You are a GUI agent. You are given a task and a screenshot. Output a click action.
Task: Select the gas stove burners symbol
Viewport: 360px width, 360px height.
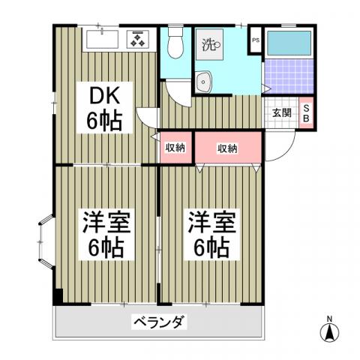point(139,39)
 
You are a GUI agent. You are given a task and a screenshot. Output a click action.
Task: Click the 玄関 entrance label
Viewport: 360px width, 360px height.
point(281,113)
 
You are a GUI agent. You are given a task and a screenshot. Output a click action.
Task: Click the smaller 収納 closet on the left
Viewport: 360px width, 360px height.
point(175,148)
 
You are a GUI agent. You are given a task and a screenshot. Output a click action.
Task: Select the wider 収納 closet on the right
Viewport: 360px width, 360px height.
point(227,148)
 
